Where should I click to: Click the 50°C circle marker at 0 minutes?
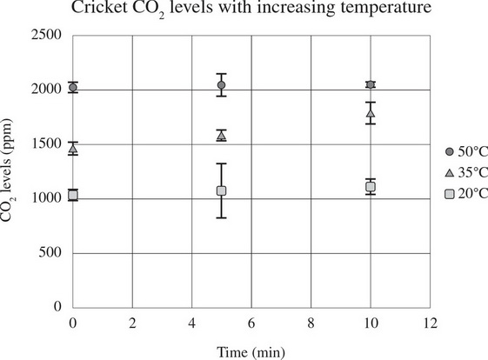click(x=73, y=88)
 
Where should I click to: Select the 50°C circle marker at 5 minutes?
click(x=221, y=85)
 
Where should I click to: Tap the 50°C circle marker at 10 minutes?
click(x=371, y=84)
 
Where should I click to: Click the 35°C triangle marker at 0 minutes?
click(x=73, y=150)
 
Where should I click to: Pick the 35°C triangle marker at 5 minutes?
click(x=221, y=136)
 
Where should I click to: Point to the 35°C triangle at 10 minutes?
click(x=371, y=113)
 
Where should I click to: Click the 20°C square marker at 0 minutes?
click(x=73, y=195)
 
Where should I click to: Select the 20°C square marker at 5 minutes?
click(x=221, y=190)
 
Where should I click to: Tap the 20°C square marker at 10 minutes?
click(x=371, y=187)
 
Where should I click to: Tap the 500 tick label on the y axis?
click(x=55, y=253)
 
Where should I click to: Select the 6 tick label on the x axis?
click(x=251, y=323)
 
